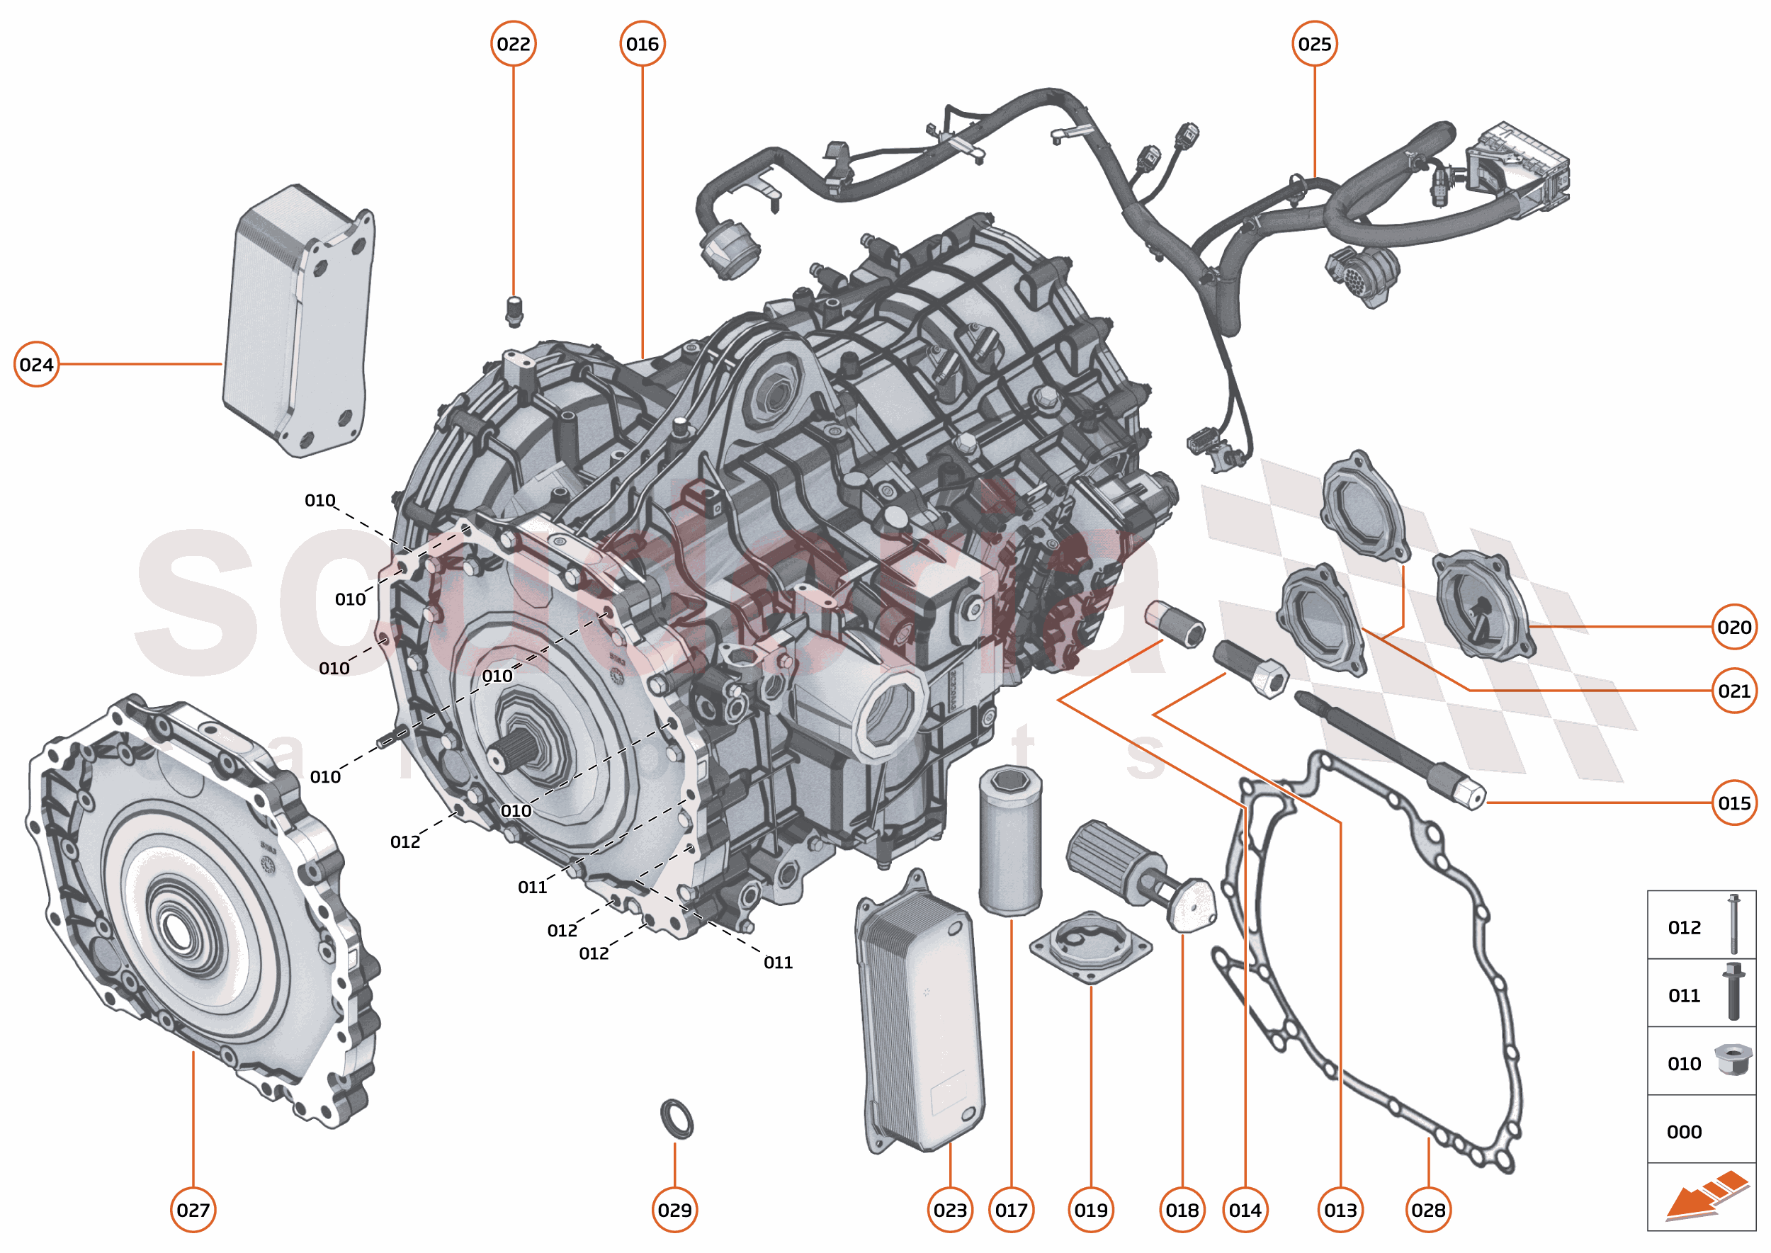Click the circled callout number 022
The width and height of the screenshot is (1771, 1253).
tap(513, 44)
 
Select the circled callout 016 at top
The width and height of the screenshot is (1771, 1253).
tap(642, 44)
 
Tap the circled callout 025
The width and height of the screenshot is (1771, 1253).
tap(1314, 44)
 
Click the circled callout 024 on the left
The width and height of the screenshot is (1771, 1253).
tap(36, 364)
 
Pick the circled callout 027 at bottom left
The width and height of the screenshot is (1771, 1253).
tap(193, 1210)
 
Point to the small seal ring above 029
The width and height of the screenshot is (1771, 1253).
tap(677, 1118)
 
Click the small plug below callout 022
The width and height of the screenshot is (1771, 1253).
tap(515, 311)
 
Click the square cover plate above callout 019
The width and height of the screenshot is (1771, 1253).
tap(1090, 948)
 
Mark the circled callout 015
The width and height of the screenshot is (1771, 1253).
tap(1734, 803)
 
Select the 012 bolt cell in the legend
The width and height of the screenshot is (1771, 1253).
tap(1701, 926)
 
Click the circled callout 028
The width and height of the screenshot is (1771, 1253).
tap(1428, 1210)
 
